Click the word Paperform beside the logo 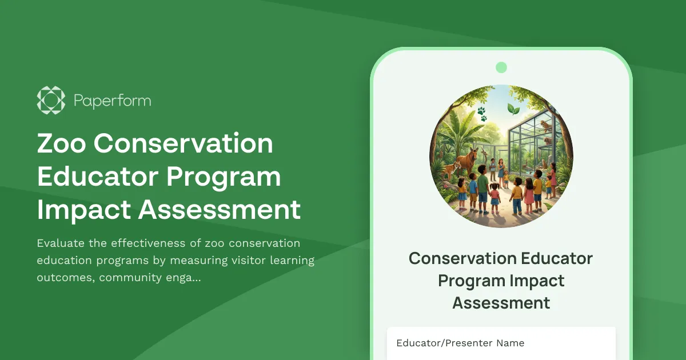click(x=112, y=101)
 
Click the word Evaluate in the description click(x=61, y=243)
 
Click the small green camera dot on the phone click(x=501, y=67)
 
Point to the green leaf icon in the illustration click(x=513, y=109)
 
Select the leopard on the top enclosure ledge click(x=545, y=126)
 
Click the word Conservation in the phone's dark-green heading click(x=455, y=258)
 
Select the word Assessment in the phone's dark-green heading click(x=501, y=302)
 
